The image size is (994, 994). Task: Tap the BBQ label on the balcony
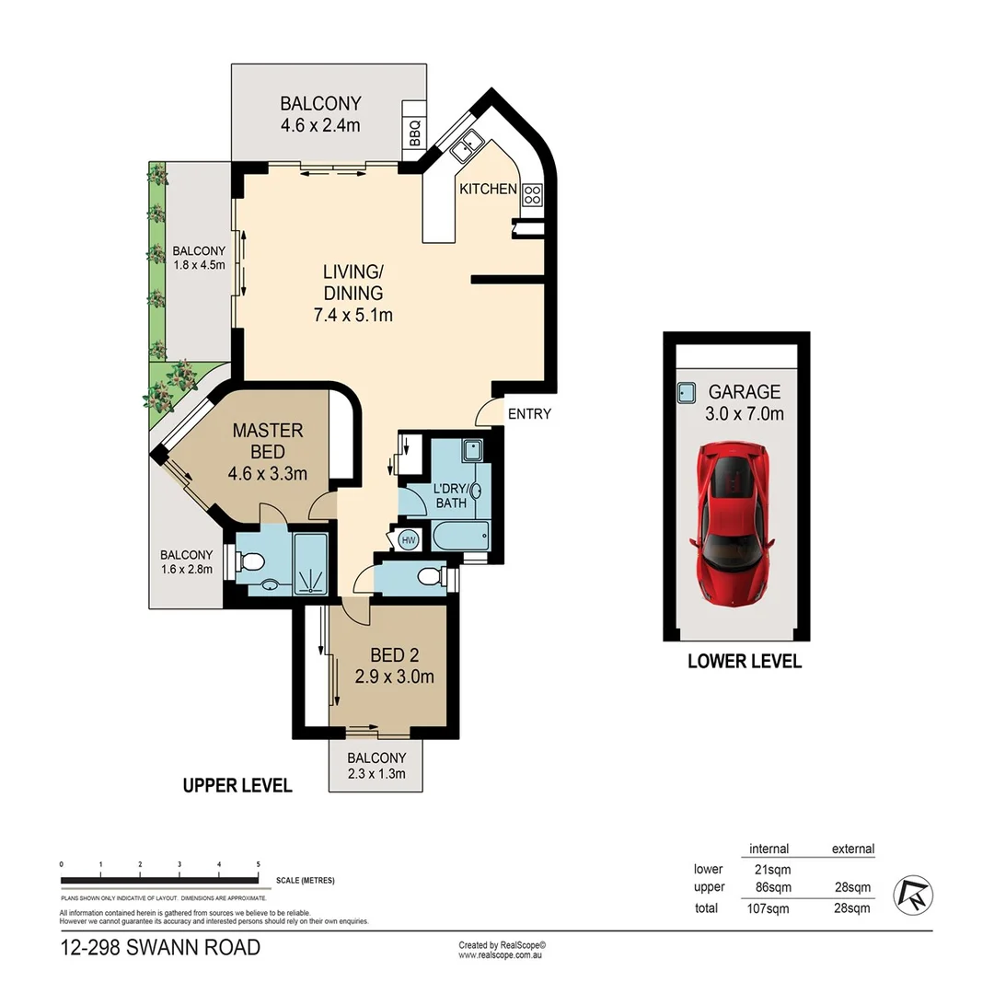[413, 135]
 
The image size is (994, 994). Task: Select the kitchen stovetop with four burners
[532, 194]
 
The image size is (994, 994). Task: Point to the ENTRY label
[529, 414]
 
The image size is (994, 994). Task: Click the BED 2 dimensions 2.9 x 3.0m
[395, 677]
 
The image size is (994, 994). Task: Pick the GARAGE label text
[745, 391]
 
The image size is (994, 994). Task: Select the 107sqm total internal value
[768, 909]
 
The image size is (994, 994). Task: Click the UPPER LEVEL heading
[237, 785]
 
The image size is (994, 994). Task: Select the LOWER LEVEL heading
[745, 661]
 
